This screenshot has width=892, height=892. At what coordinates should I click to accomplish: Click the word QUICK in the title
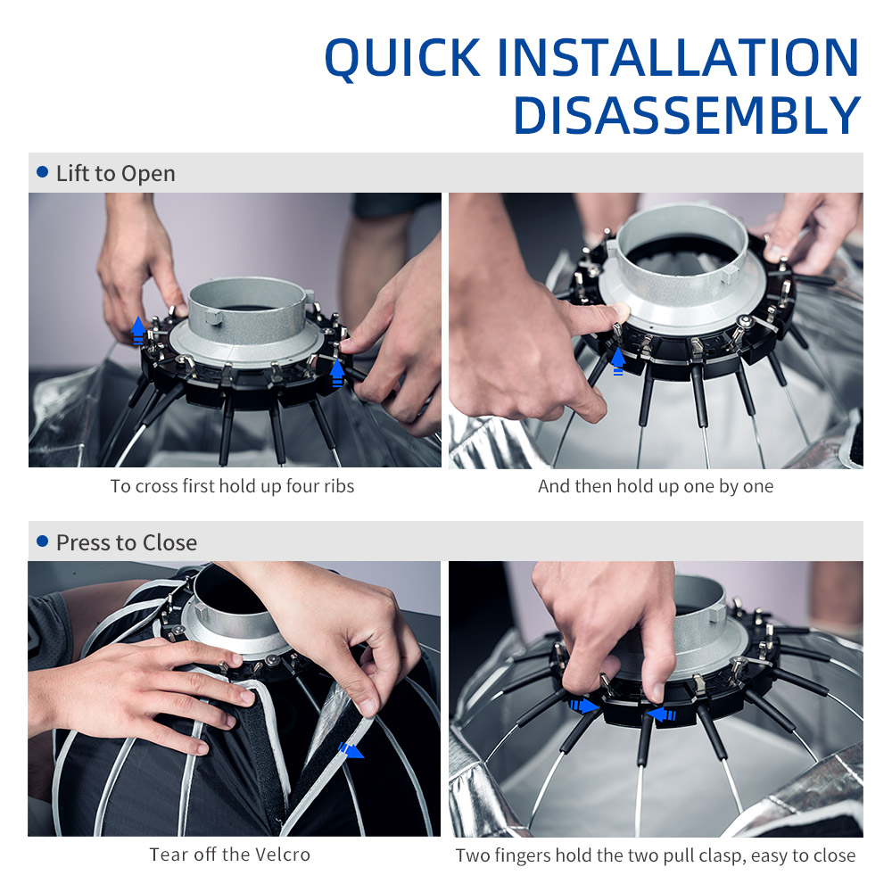point(403,58)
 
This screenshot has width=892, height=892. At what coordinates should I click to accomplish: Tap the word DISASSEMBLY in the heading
point(687,115)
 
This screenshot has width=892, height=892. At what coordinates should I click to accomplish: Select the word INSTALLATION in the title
point(678,57)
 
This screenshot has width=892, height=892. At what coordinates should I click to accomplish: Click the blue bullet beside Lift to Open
point(42,172)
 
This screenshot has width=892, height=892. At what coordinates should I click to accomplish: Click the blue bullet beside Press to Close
point(42,541)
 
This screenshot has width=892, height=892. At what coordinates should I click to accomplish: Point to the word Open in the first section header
point(148,174)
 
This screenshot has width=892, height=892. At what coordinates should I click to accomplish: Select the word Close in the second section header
point(169,542)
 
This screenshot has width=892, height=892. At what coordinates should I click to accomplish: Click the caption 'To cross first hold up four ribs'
point(232,486)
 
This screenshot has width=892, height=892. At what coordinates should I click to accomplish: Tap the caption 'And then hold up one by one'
point(656,486)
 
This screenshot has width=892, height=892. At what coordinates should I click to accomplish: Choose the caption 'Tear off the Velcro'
point(230,855)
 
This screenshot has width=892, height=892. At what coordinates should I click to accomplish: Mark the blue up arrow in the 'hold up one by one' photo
point(618,361)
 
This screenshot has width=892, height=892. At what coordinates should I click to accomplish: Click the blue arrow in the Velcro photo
point(351,750)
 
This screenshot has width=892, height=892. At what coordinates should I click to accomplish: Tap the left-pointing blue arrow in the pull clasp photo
point(661,714)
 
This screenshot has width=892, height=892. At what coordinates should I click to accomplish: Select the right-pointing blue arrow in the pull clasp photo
point(584,706)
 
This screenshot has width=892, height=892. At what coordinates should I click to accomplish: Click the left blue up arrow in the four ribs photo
point(138,331)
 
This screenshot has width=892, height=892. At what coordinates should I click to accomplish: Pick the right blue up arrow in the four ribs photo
point(337,373)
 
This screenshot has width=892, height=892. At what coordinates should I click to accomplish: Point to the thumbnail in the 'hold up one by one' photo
point(621,311)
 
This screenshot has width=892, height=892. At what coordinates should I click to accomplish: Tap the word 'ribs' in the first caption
point(339,486)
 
